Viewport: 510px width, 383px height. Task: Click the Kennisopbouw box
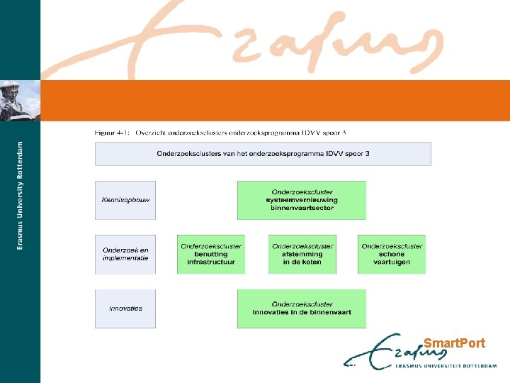(125, 200)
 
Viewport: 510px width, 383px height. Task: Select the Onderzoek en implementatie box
(125, 254)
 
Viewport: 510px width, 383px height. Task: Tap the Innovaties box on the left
(125, 309)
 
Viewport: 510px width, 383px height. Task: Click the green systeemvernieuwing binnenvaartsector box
(302, 200)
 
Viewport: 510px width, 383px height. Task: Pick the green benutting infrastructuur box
(211, 254)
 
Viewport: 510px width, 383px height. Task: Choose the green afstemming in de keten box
(302, 254)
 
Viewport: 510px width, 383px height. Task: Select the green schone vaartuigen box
(392, 254)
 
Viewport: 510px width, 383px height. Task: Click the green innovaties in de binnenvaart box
(302, 309)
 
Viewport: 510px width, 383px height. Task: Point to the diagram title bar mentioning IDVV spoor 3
(263, 153)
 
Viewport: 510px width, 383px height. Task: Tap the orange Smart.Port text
(454, 343)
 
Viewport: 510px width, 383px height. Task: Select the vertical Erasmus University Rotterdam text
(20, 195)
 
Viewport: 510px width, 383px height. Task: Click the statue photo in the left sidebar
(20, 100)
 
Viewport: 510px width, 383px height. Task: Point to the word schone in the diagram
(392, 254)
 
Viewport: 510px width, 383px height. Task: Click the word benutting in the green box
(211, 254)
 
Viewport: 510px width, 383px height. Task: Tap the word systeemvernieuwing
(302, 200)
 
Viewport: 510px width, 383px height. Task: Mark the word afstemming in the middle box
(302, 254)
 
